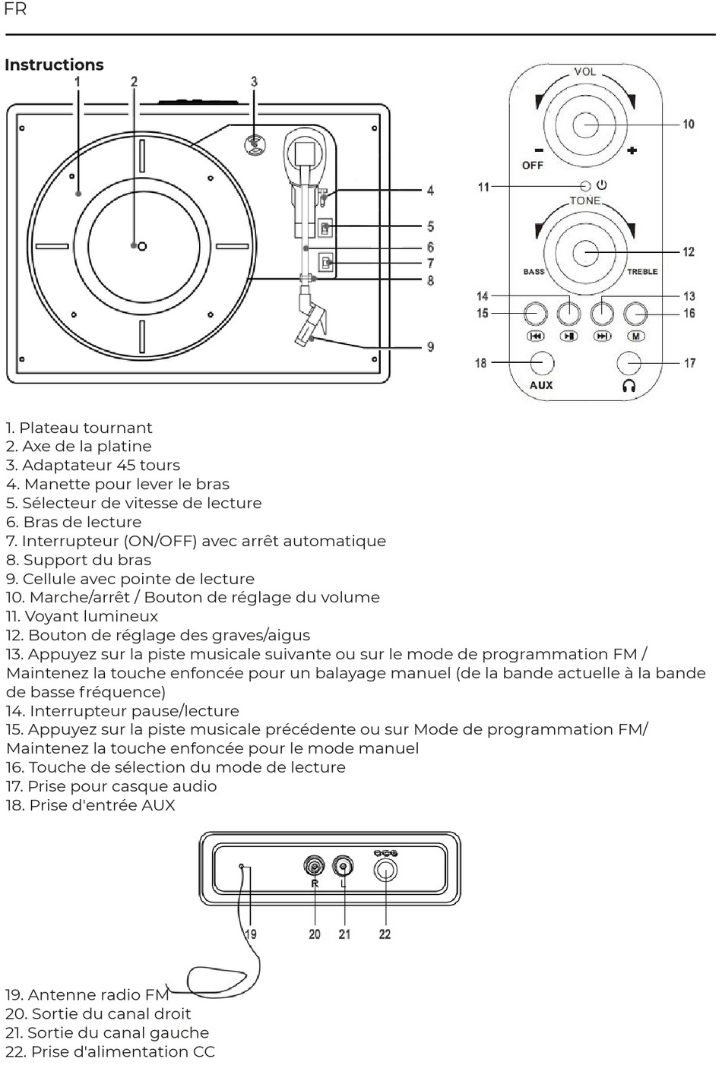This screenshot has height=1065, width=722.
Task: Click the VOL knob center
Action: point(585,125)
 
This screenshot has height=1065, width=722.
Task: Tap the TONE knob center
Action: point(585,252)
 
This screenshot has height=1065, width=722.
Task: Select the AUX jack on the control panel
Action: point(541,363)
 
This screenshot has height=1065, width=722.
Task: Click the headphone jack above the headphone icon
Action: point(629,363)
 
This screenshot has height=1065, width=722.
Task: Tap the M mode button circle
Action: point(635,313)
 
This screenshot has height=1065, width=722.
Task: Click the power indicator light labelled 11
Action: point(585,186)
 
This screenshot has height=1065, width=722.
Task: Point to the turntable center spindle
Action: point(141,246)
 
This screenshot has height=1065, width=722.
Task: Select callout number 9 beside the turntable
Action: point(430,347)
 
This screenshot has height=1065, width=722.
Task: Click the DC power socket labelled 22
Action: point(385,868)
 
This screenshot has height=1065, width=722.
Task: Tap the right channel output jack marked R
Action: point(314,866)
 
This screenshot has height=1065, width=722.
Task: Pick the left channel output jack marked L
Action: point(344,866)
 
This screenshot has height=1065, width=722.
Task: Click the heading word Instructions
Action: point(54,65)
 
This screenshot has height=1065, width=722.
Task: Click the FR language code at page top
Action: point(15,9)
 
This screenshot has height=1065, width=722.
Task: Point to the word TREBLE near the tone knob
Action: point(642,272)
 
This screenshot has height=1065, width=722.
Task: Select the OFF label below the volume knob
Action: point(532,165)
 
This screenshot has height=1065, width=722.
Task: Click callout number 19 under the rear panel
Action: point(250,934)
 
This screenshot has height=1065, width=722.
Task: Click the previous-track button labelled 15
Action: point(535,313)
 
